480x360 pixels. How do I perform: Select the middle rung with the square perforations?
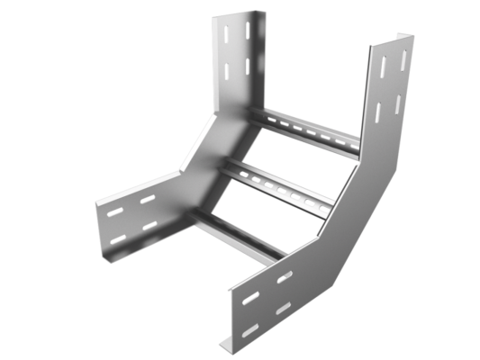(x=279, y=184)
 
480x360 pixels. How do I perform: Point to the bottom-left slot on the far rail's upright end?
(x=227, y=71)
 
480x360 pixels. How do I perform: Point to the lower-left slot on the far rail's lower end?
(x=118, y=239)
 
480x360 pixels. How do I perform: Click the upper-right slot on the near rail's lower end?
(x=285, y=276)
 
